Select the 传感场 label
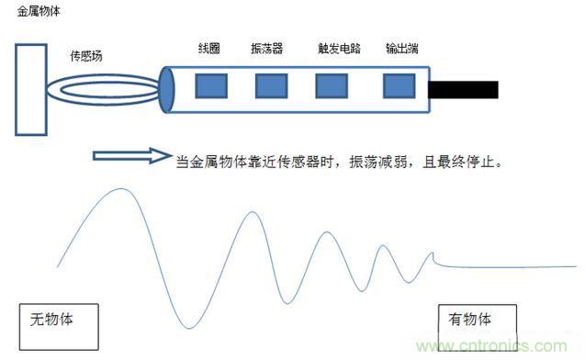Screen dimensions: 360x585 click(86, 55)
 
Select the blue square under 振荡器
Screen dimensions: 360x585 click(271, 85)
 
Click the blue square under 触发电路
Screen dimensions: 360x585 click(332, 85)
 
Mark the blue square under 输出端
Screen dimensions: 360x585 click(399, 85)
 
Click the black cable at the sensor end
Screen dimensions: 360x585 click(463, 89)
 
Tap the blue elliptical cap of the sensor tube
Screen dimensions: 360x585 click(167, 89)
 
